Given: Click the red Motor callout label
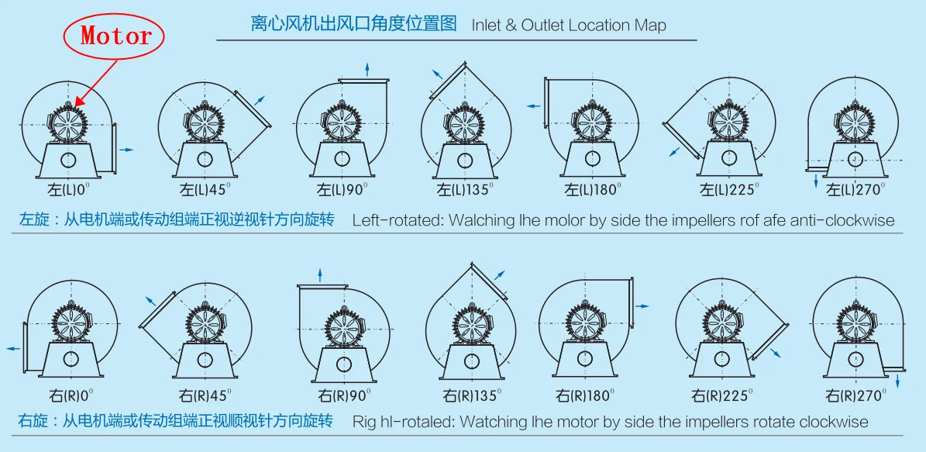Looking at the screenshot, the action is [116, 36].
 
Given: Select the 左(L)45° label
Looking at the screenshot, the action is [205, 190].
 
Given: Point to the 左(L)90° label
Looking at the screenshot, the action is [342, 190].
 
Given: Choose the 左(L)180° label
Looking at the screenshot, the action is [594, 190].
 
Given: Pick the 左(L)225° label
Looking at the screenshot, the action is [728, 190].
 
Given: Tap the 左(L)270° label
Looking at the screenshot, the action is [855, 190].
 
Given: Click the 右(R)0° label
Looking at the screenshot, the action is [71, 394].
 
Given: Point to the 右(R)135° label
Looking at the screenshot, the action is [473, 394].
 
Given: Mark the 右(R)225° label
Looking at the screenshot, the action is [723, 394].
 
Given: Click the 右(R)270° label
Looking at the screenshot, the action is [855, 394].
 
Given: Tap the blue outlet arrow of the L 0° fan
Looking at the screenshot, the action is [127, 150].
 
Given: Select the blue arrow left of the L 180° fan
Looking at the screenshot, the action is [534, 106].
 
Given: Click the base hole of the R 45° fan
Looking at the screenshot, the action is [205, 360].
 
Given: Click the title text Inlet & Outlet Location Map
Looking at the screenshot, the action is [569, 26].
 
